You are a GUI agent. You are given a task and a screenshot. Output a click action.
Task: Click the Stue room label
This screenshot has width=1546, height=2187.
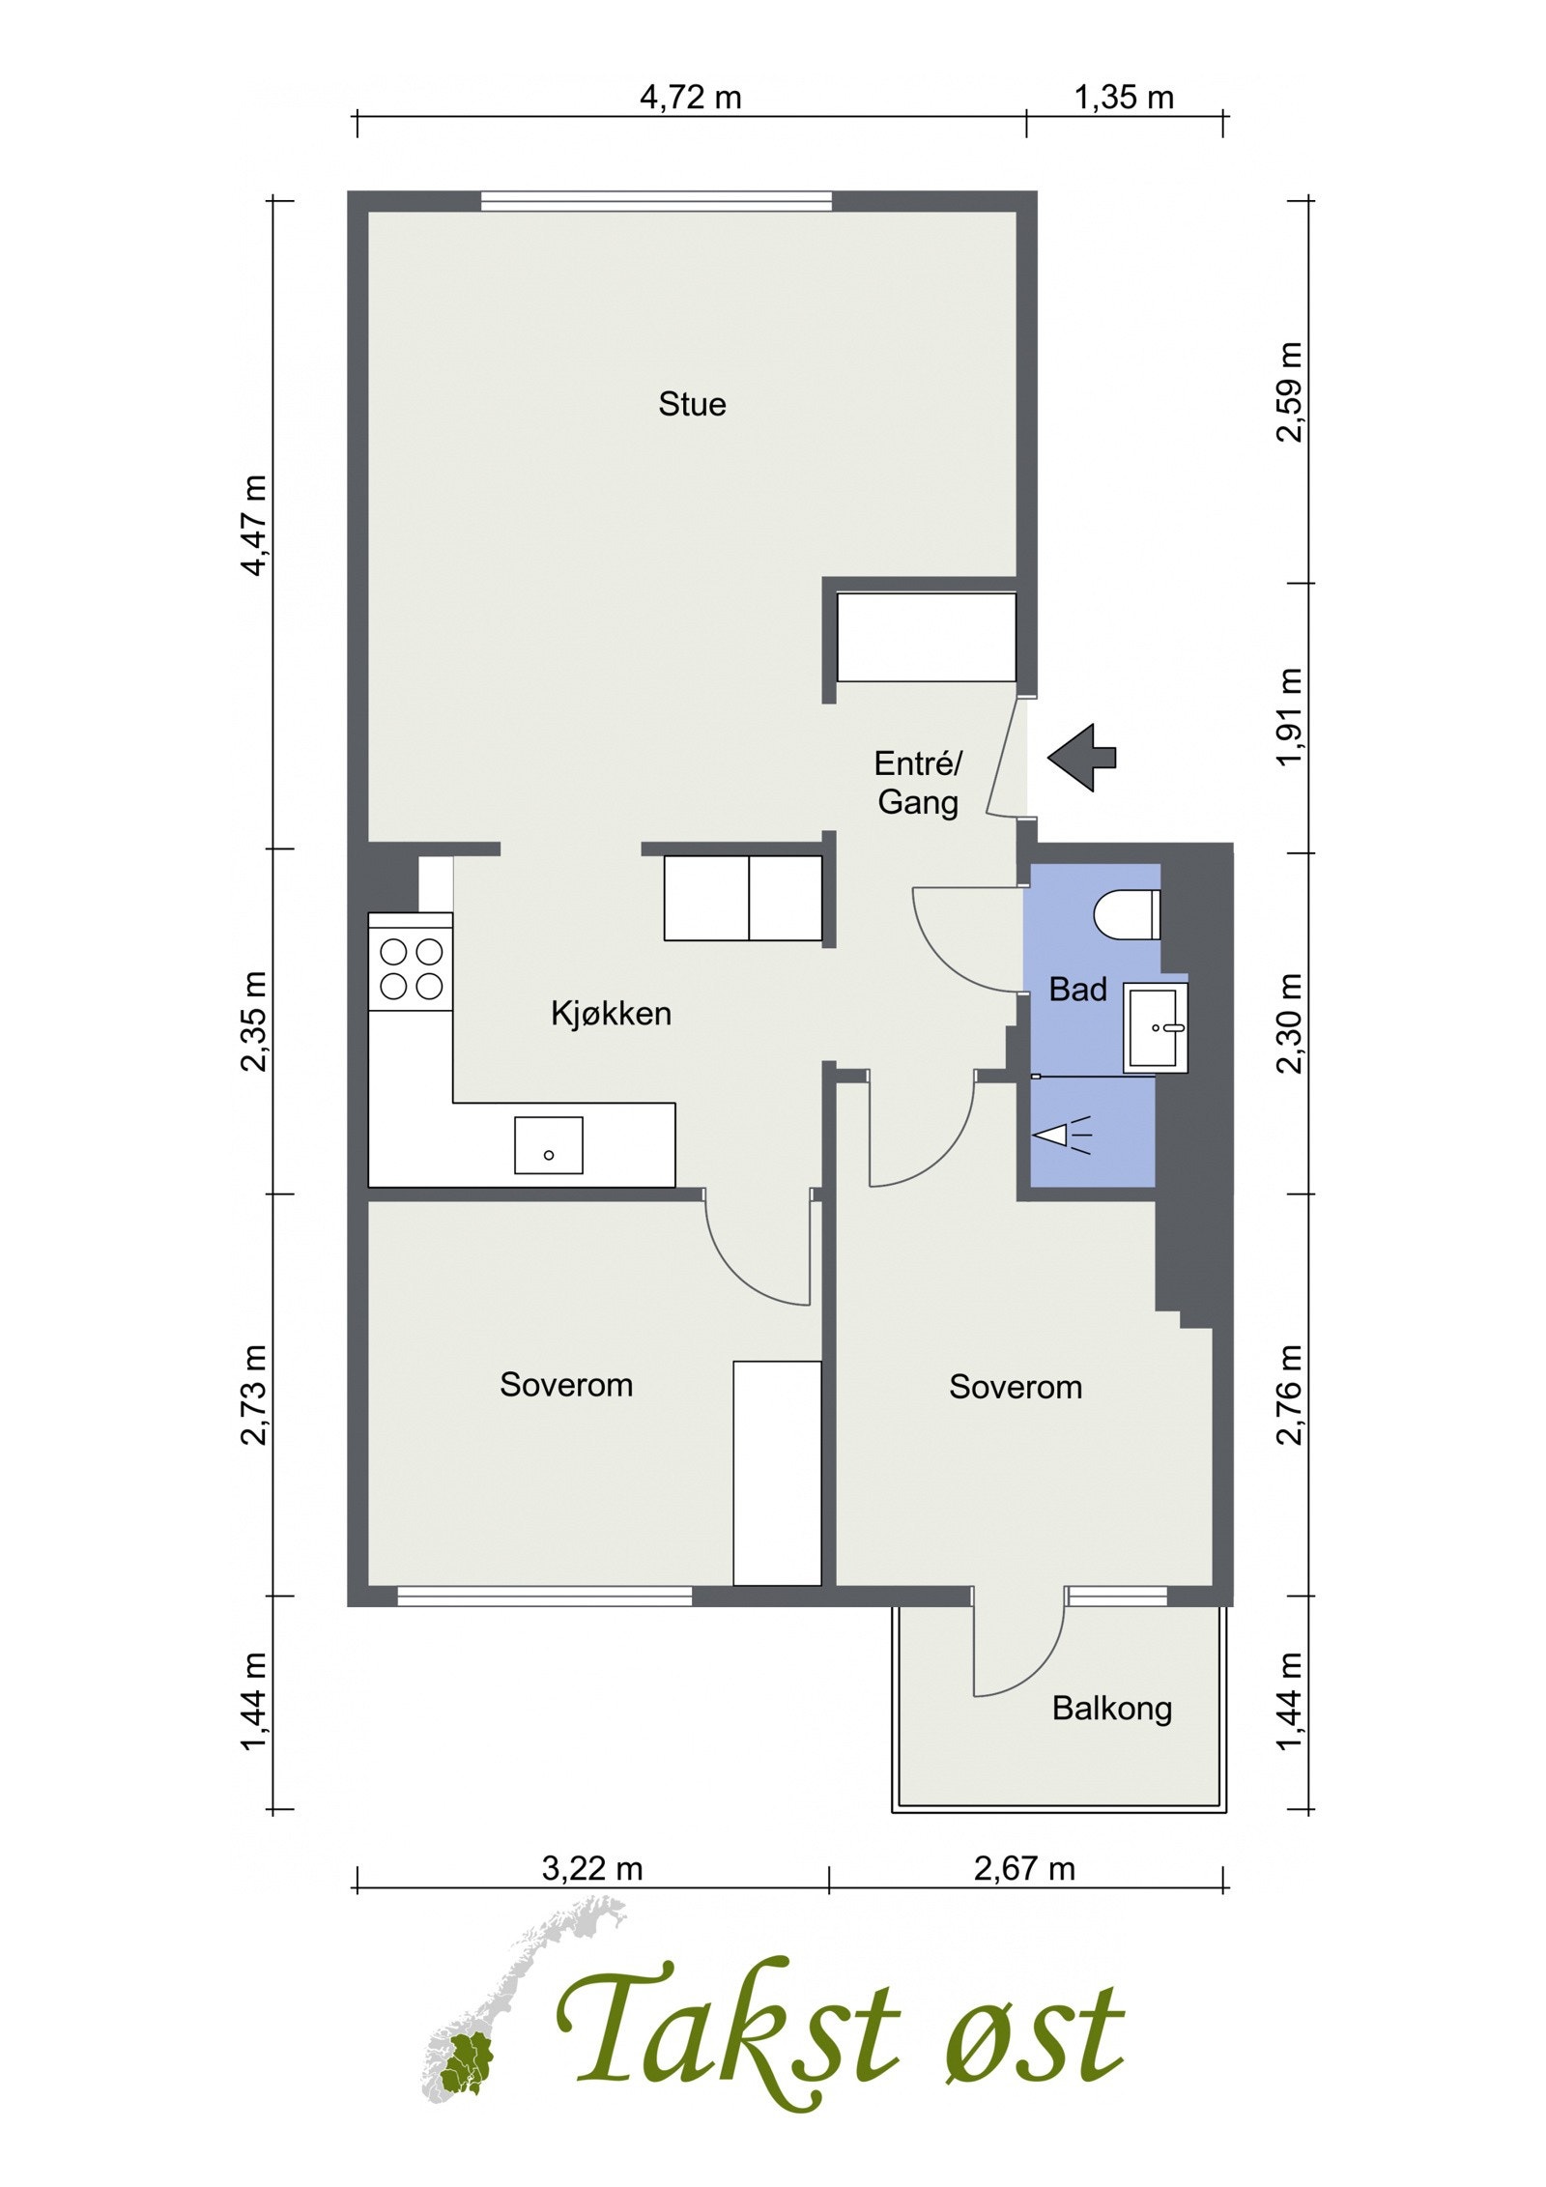(x=692, y=404)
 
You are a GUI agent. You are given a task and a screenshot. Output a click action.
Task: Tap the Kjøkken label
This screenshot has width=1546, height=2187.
(x=611, y=1014)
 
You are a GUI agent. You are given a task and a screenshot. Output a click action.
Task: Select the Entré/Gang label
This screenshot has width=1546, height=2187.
(x=918, y=783)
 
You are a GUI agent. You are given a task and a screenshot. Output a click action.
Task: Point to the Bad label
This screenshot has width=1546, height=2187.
(x=1077, y=990)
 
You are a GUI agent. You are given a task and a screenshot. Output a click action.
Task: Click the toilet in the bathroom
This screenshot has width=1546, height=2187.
(x=1127, y=913)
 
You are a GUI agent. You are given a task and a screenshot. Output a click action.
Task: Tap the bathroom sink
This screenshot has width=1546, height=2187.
(x=1156, y=1027)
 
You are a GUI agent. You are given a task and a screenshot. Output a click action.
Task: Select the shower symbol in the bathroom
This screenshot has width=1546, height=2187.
(x=1062, y=1135)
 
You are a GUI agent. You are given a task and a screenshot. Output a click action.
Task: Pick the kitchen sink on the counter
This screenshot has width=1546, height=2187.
(x=548, y=1145)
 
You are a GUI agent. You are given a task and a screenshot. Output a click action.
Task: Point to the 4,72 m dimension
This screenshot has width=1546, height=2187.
(x=691, y=98)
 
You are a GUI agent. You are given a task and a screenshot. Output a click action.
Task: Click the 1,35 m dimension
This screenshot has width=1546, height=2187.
(x=1124, y=98)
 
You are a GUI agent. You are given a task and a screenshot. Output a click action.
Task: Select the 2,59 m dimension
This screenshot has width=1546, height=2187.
(x=1290, y=391)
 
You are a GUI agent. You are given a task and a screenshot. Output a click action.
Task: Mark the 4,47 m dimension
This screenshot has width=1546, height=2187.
(x=254, y=525)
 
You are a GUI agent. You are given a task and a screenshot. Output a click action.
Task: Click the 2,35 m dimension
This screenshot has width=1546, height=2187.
(x=254, y=1022)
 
